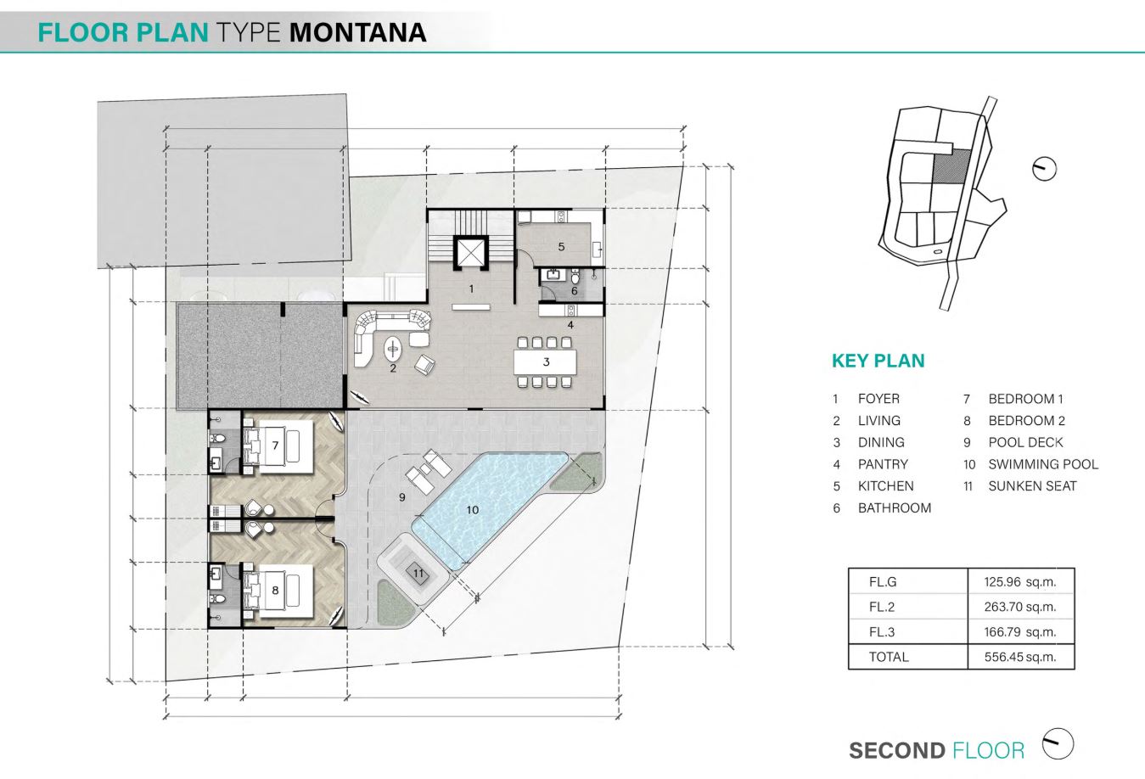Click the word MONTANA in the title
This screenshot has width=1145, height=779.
[x=358, y=32]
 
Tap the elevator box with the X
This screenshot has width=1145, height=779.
[x=470, y=251]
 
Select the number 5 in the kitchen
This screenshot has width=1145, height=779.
[x=561, y=247]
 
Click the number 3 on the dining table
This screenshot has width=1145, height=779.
[x=546, y=361]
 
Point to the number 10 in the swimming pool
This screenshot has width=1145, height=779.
[x=472, y=510]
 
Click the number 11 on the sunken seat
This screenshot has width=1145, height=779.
[x=418, y=573]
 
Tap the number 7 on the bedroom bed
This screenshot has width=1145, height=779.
[x=275, y=446]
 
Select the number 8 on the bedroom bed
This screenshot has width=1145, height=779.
[x=275, y=591]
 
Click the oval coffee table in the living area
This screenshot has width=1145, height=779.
[x=393, y=349]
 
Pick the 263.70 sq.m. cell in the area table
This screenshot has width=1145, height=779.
[x=1020, y=607]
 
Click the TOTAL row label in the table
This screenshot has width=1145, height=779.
[x=889, y=657]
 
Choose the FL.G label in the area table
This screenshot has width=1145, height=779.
[x=883, y=581]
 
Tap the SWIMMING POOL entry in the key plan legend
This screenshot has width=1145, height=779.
[x=1043, y=464]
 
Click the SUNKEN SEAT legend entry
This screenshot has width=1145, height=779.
[x=1033, y=486]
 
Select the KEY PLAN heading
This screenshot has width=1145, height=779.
[x=878, y=361]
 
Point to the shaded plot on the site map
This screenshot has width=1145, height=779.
[x=951, y=166]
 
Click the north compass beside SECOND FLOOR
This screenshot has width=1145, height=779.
[x=1058, y=743]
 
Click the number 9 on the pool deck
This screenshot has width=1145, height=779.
[x=402, y=496]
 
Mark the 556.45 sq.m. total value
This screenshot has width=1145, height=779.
[x=1020, y=657]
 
